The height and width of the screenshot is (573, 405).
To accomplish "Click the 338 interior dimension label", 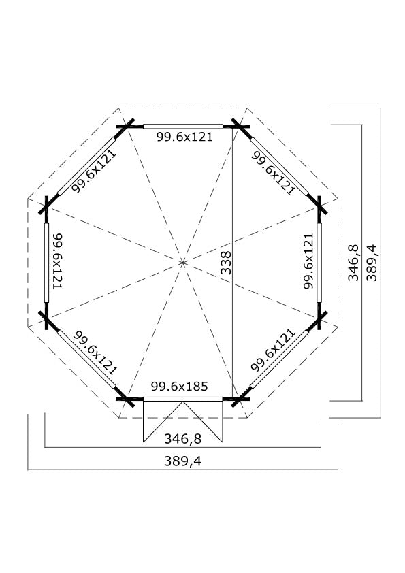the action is pyautogui.click(x=227, y=263).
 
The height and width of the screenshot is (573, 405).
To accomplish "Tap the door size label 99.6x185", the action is pyautogui.click(x=180, y=387).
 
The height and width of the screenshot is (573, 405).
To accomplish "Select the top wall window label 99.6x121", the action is pyautogui.click(x=184, y=137).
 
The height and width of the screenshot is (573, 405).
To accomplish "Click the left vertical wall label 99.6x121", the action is pyautogui.click(x=58, y=261).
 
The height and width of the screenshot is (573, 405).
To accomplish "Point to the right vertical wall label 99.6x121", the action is pyautogui.click(x=308, y=261).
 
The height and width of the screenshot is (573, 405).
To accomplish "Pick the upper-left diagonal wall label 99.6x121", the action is pyautogui.click(x=93, y=171).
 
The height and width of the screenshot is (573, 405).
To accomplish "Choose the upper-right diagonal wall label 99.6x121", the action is pyautogui.click(x=273, y=173).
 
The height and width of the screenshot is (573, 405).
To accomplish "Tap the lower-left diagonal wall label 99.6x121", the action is pyautogui.click(x=95, y=353).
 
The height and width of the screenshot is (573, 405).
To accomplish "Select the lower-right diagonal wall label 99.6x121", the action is pyautogui.click(x=273, y=350).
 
